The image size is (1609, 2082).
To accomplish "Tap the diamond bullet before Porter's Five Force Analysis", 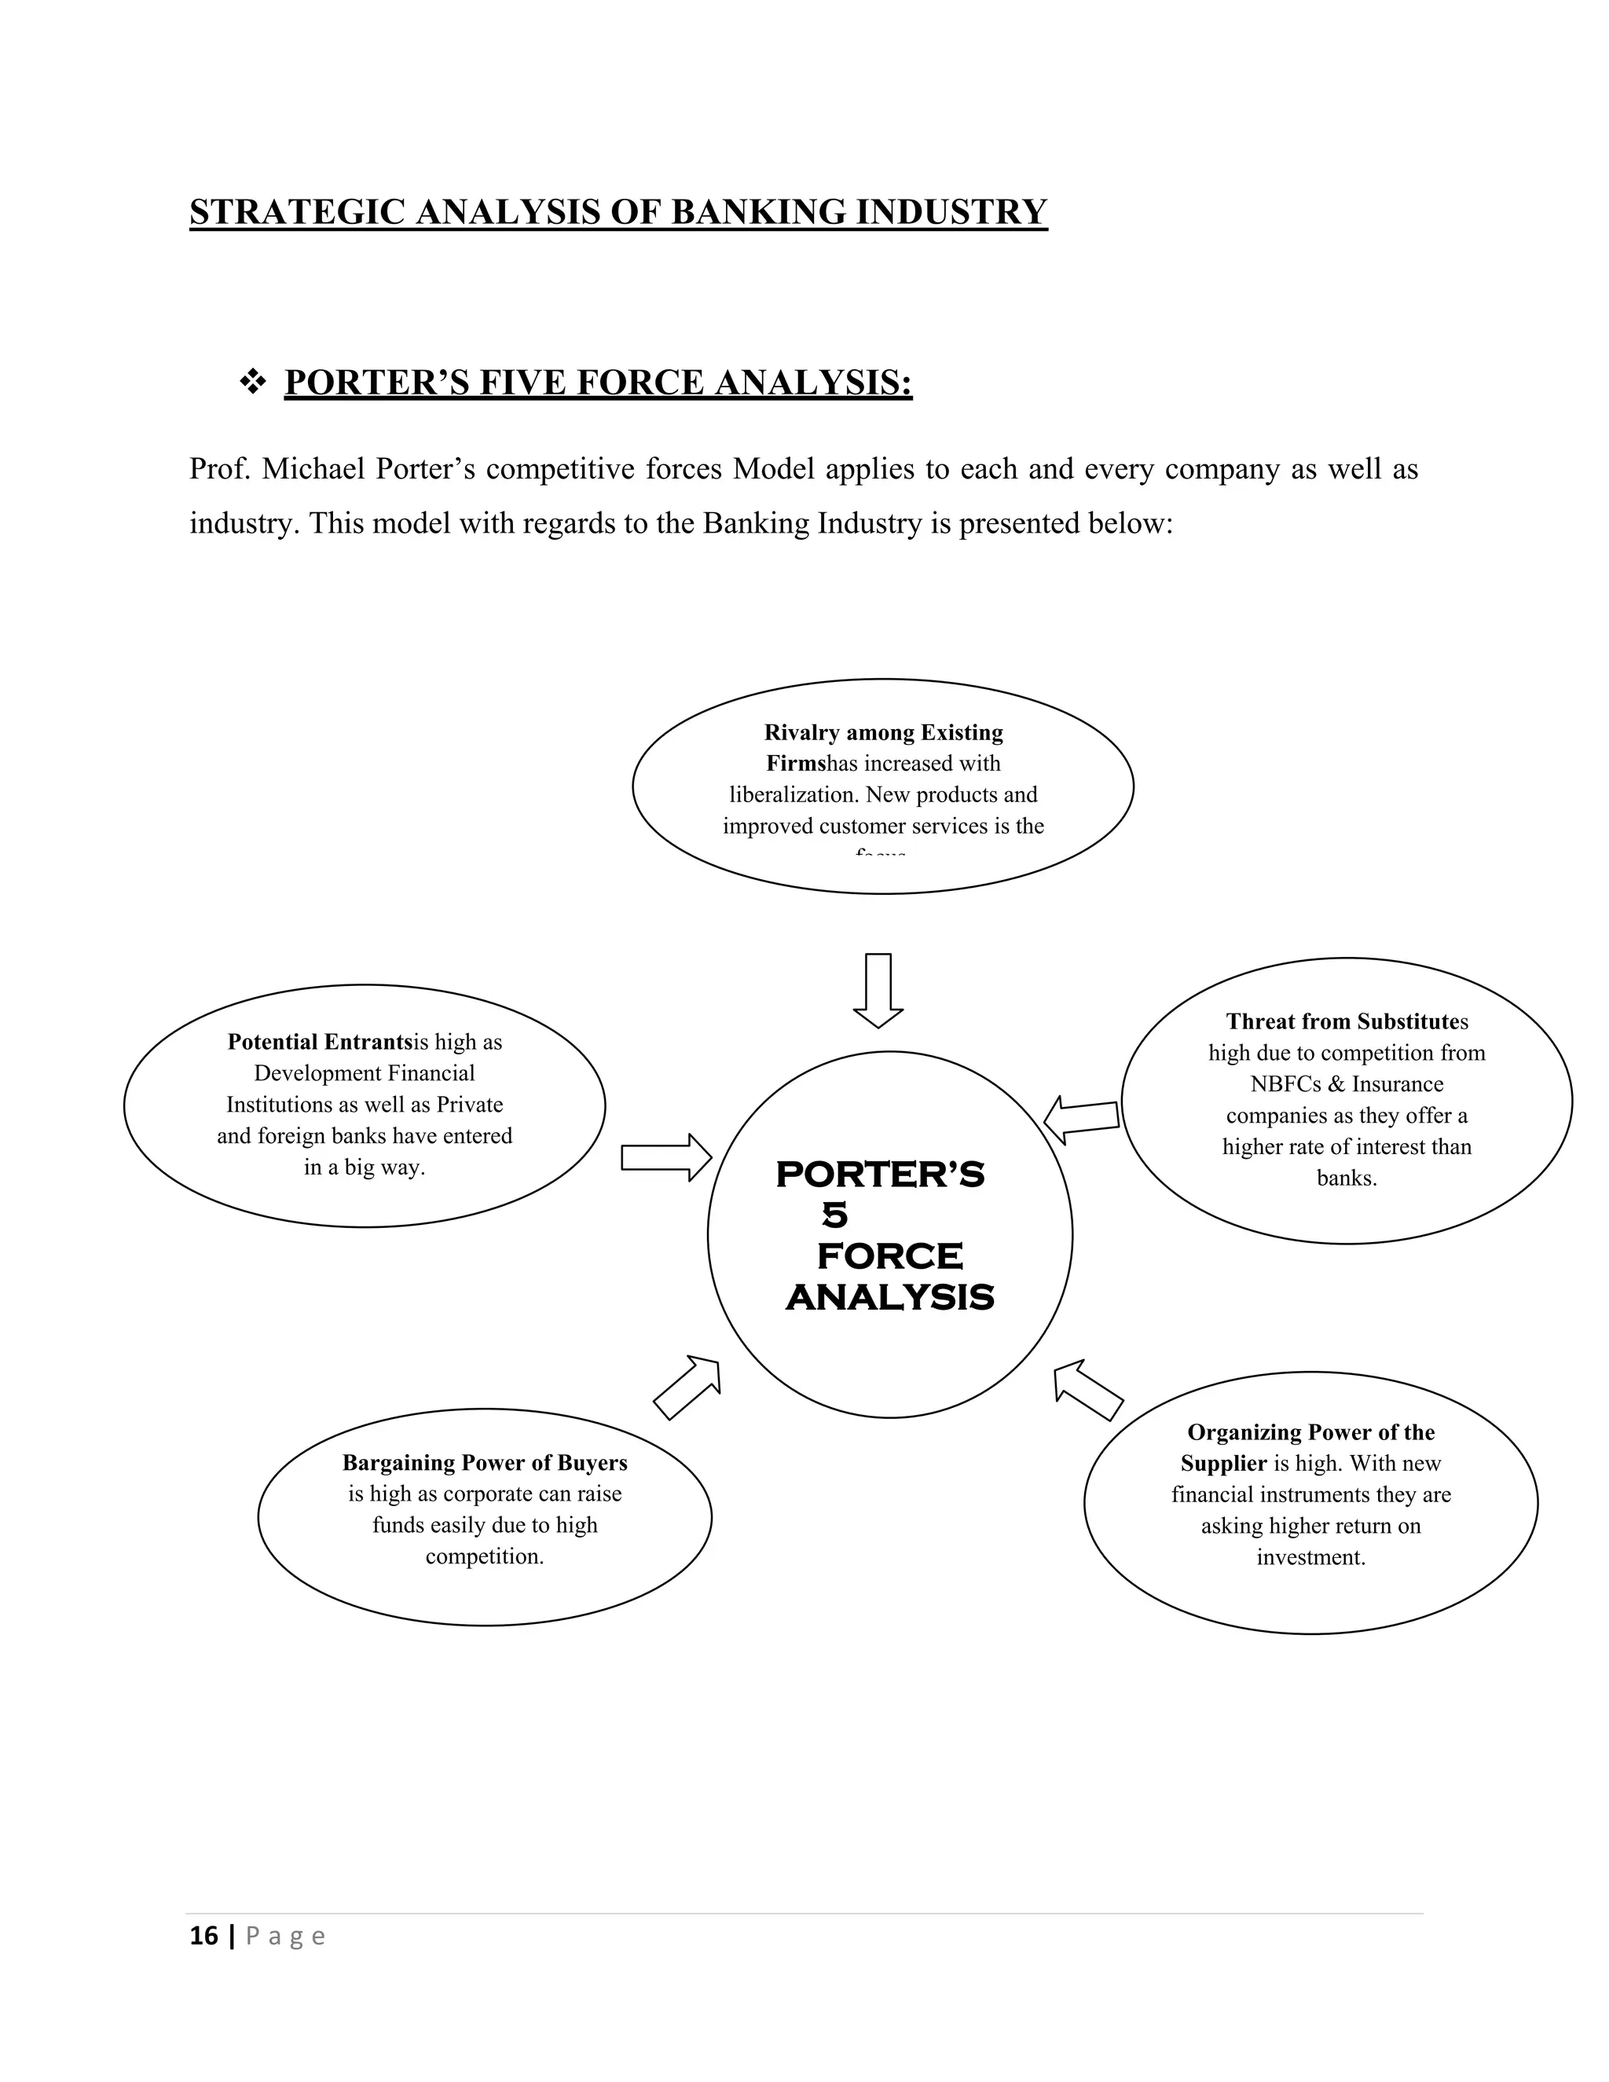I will click(253, 383).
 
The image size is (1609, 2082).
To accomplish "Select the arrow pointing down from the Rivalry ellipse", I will click(878, 989).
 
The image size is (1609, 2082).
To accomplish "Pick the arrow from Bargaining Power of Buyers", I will click(687, 1387).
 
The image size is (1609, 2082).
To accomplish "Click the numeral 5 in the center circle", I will click(834, 1215).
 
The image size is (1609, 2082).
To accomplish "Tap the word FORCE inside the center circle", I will click(889, 1256).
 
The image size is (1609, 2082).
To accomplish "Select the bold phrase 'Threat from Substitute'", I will click(1342, 1022).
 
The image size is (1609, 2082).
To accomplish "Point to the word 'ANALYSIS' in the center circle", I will click(889, 1297).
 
